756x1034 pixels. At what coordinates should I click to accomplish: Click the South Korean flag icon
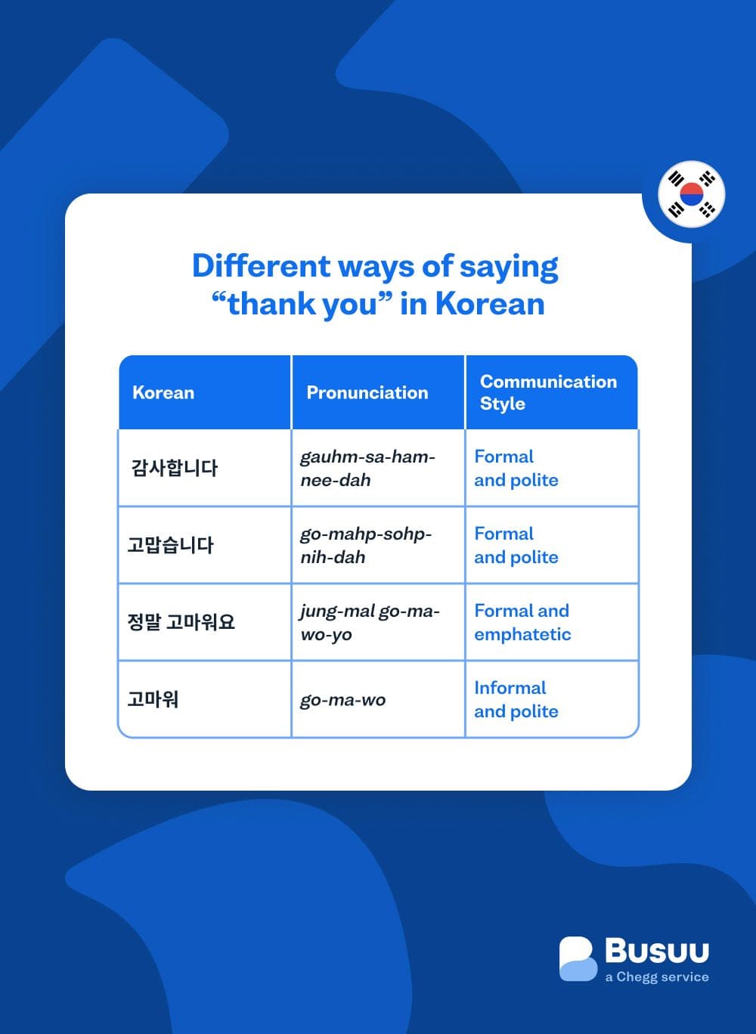click(691, 194)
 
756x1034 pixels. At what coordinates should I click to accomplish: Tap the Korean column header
click(163, 392)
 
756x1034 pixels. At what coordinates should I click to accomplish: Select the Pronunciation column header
click(367, 392)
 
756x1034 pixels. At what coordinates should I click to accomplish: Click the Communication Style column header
click(548, 392)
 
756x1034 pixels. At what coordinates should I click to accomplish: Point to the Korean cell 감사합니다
click(175, 468)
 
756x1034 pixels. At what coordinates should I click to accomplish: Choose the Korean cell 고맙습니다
click(171, 545)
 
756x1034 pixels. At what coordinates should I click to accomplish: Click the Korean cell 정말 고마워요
click(181, 622)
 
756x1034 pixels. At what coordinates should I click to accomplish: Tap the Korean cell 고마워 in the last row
click(153, 699)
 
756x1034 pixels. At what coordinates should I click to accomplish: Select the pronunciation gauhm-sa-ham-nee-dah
click(367, 468)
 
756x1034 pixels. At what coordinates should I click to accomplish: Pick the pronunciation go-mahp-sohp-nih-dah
click(366, 545)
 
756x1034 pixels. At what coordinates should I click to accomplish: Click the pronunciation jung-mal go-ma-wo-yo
click(369, 622)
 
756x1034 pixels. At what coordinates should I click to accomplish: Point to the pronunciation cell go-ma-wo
click(342, 700)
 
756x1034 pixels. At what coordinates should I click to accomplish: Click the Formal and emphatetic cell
click(522, 622)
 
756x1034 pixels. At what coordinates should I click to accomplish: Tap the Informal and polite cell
click(516, 699)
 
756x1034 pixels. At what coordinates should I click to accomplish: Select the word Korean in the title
click(490, 304)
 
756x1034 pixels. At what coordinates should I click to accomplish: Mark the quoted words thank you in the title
click(302, 304)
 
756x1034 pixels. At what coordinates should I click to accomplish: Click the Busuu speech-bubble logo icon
click(578, 959)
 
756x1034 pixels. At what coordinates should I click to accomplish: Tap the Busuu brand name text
click(657, 951)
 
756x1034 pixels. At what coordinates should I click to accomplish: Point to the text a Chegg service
click(657, 977)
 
